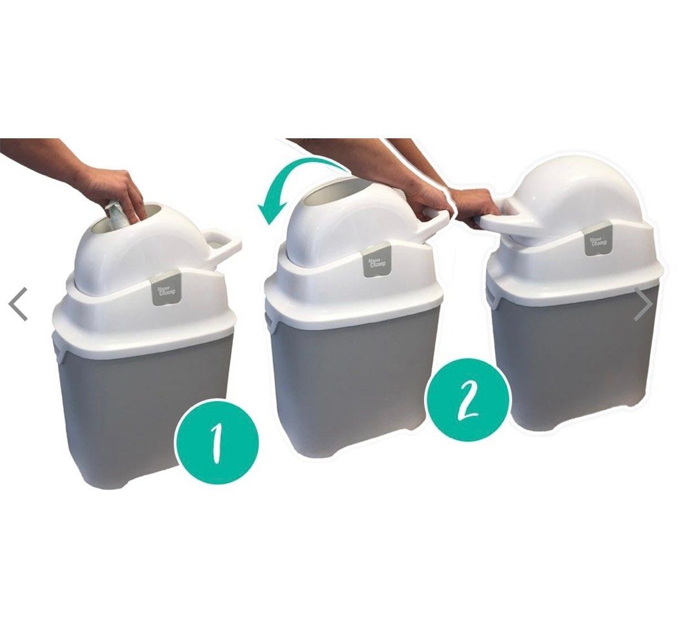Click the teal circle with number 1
[x=217, y=441]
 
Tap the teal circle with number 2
[x=468, y=400]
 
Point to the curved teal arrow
[x=290, y=188]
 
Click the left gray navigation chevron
[x=19, y=304]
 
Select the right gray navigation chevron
[x=643, y=304]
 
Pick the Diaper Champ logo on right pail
[x=599, y=238]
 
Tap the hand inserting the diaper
[x=116, y=187]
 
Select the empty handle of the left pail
[x=223, y=246]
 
